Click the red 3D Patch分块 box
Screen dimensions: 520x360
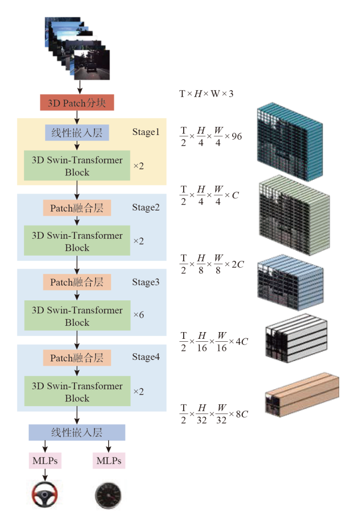coord(77,103)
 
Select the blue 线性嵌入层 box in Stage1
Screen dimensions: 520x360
coord(77,132)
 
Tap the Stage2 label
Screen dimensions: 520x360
coord(146,208)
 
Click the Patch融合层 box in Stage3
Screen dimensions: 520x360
coord(77,282)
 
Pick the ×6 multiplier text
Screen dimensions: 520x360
coord(138,316)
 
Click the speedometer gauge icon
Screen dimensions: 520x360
coord(108,494)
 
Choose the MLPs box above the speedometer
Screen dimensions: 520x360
coord(109,461)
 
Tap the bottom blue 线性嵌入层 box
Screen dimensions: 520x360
coord(77,433)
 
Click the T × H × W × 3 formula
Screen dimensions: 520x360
coord(207,94)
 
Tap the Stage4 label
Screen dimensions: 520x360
coord(146,357)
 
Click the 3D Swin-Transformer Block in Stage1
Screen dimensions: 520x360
coord(77,166)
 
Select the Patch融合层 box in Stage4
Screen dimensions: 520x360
coord(77,358)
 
